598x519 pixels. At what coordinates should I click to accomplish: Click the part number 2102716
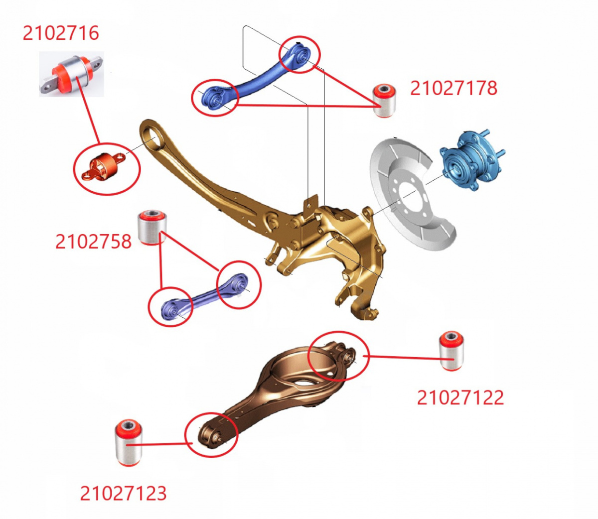pyautogui.click(x=61, y=33)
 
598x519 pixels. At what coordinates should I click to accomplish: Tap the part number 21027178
pyautogui.click(x=453, y=88)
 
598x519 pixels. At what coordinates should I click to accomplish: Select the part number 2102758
pyautogui.click(x=93, y=242)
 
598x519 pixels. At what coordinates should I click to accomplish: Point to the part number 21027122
pyautogui.click(x=460, y=397)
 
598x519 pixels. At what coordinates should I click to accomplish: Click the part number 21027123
pyautogui.click(x=123, y=493)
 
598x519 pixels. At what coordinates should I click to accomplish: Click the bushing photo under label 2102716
pyautogui.click(x=71, y=74)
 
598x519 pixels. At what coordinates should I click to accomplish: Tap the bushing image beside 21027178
pyautogui.click(x=384, y=101)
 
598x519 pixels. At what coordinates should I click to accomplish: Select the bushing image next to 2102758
pyautogui.click(x=151, y=227)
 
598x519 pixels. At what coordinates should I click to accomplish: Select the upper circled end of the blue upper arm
pyautogui.click(x=299, y=54)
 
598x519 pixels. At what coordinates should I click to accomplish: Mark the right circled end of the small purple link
pyautogui.click(x=239, y=284)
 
